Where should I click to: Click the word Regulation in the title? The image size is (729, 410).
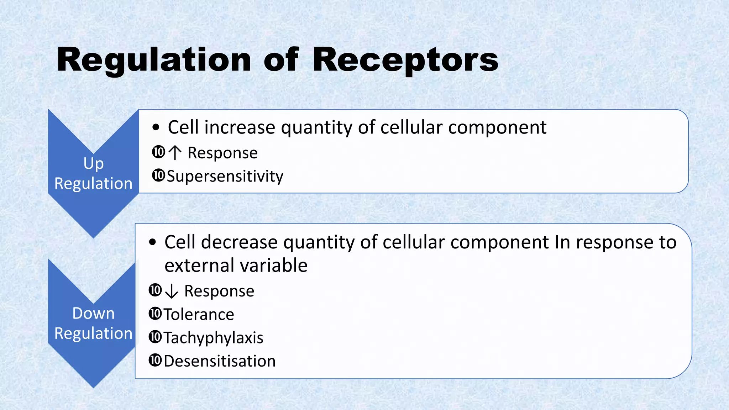click(154, 60)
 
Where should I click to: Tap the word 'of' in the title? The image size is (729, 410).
click(281, 60)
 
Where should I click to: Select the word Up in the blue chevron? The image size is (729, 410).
click(94, 163)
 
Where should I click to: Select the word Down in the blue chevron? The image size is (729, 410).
click(93, 313)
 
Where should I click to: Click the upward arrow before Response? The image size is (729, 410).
click(175, 153)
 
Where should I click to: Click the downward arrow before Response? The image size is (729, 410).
click(172, 291)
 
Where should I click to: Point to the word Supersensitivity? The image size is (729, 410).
click(225, 176)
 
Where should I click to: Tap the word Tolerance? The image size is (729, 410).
click(199, 314)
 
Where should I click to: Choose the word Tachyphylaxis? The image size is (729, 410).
click(213, 337)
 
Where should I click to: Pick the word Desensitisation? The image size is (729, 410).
click(220, 361)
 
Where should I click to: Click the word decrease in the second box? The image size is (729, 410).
click(239, 242)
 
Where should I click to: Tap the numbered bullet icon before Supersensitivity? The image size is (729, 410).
click(158, 175)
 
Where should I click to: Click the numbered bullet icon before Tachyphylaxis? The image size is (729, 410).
click(155, 337)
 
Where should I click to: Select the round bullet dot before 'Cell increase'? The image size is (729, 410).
click(156, 128)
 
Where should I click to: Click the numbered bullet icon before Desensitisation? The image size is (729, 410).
click(155, 360)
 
